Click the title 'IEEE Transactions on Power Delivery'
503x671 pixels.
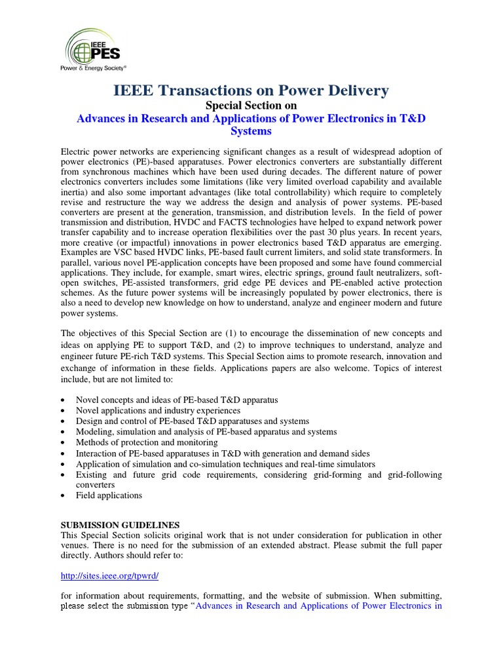point(251,90)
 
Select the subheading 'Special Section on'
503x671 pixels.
point(251,105)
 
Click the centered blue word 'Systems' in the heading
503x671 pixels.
point(251,131)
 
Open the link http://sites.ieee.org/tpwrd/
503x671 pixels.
point(110,576)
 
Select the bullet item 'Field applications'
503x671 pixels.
point(109,495)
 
